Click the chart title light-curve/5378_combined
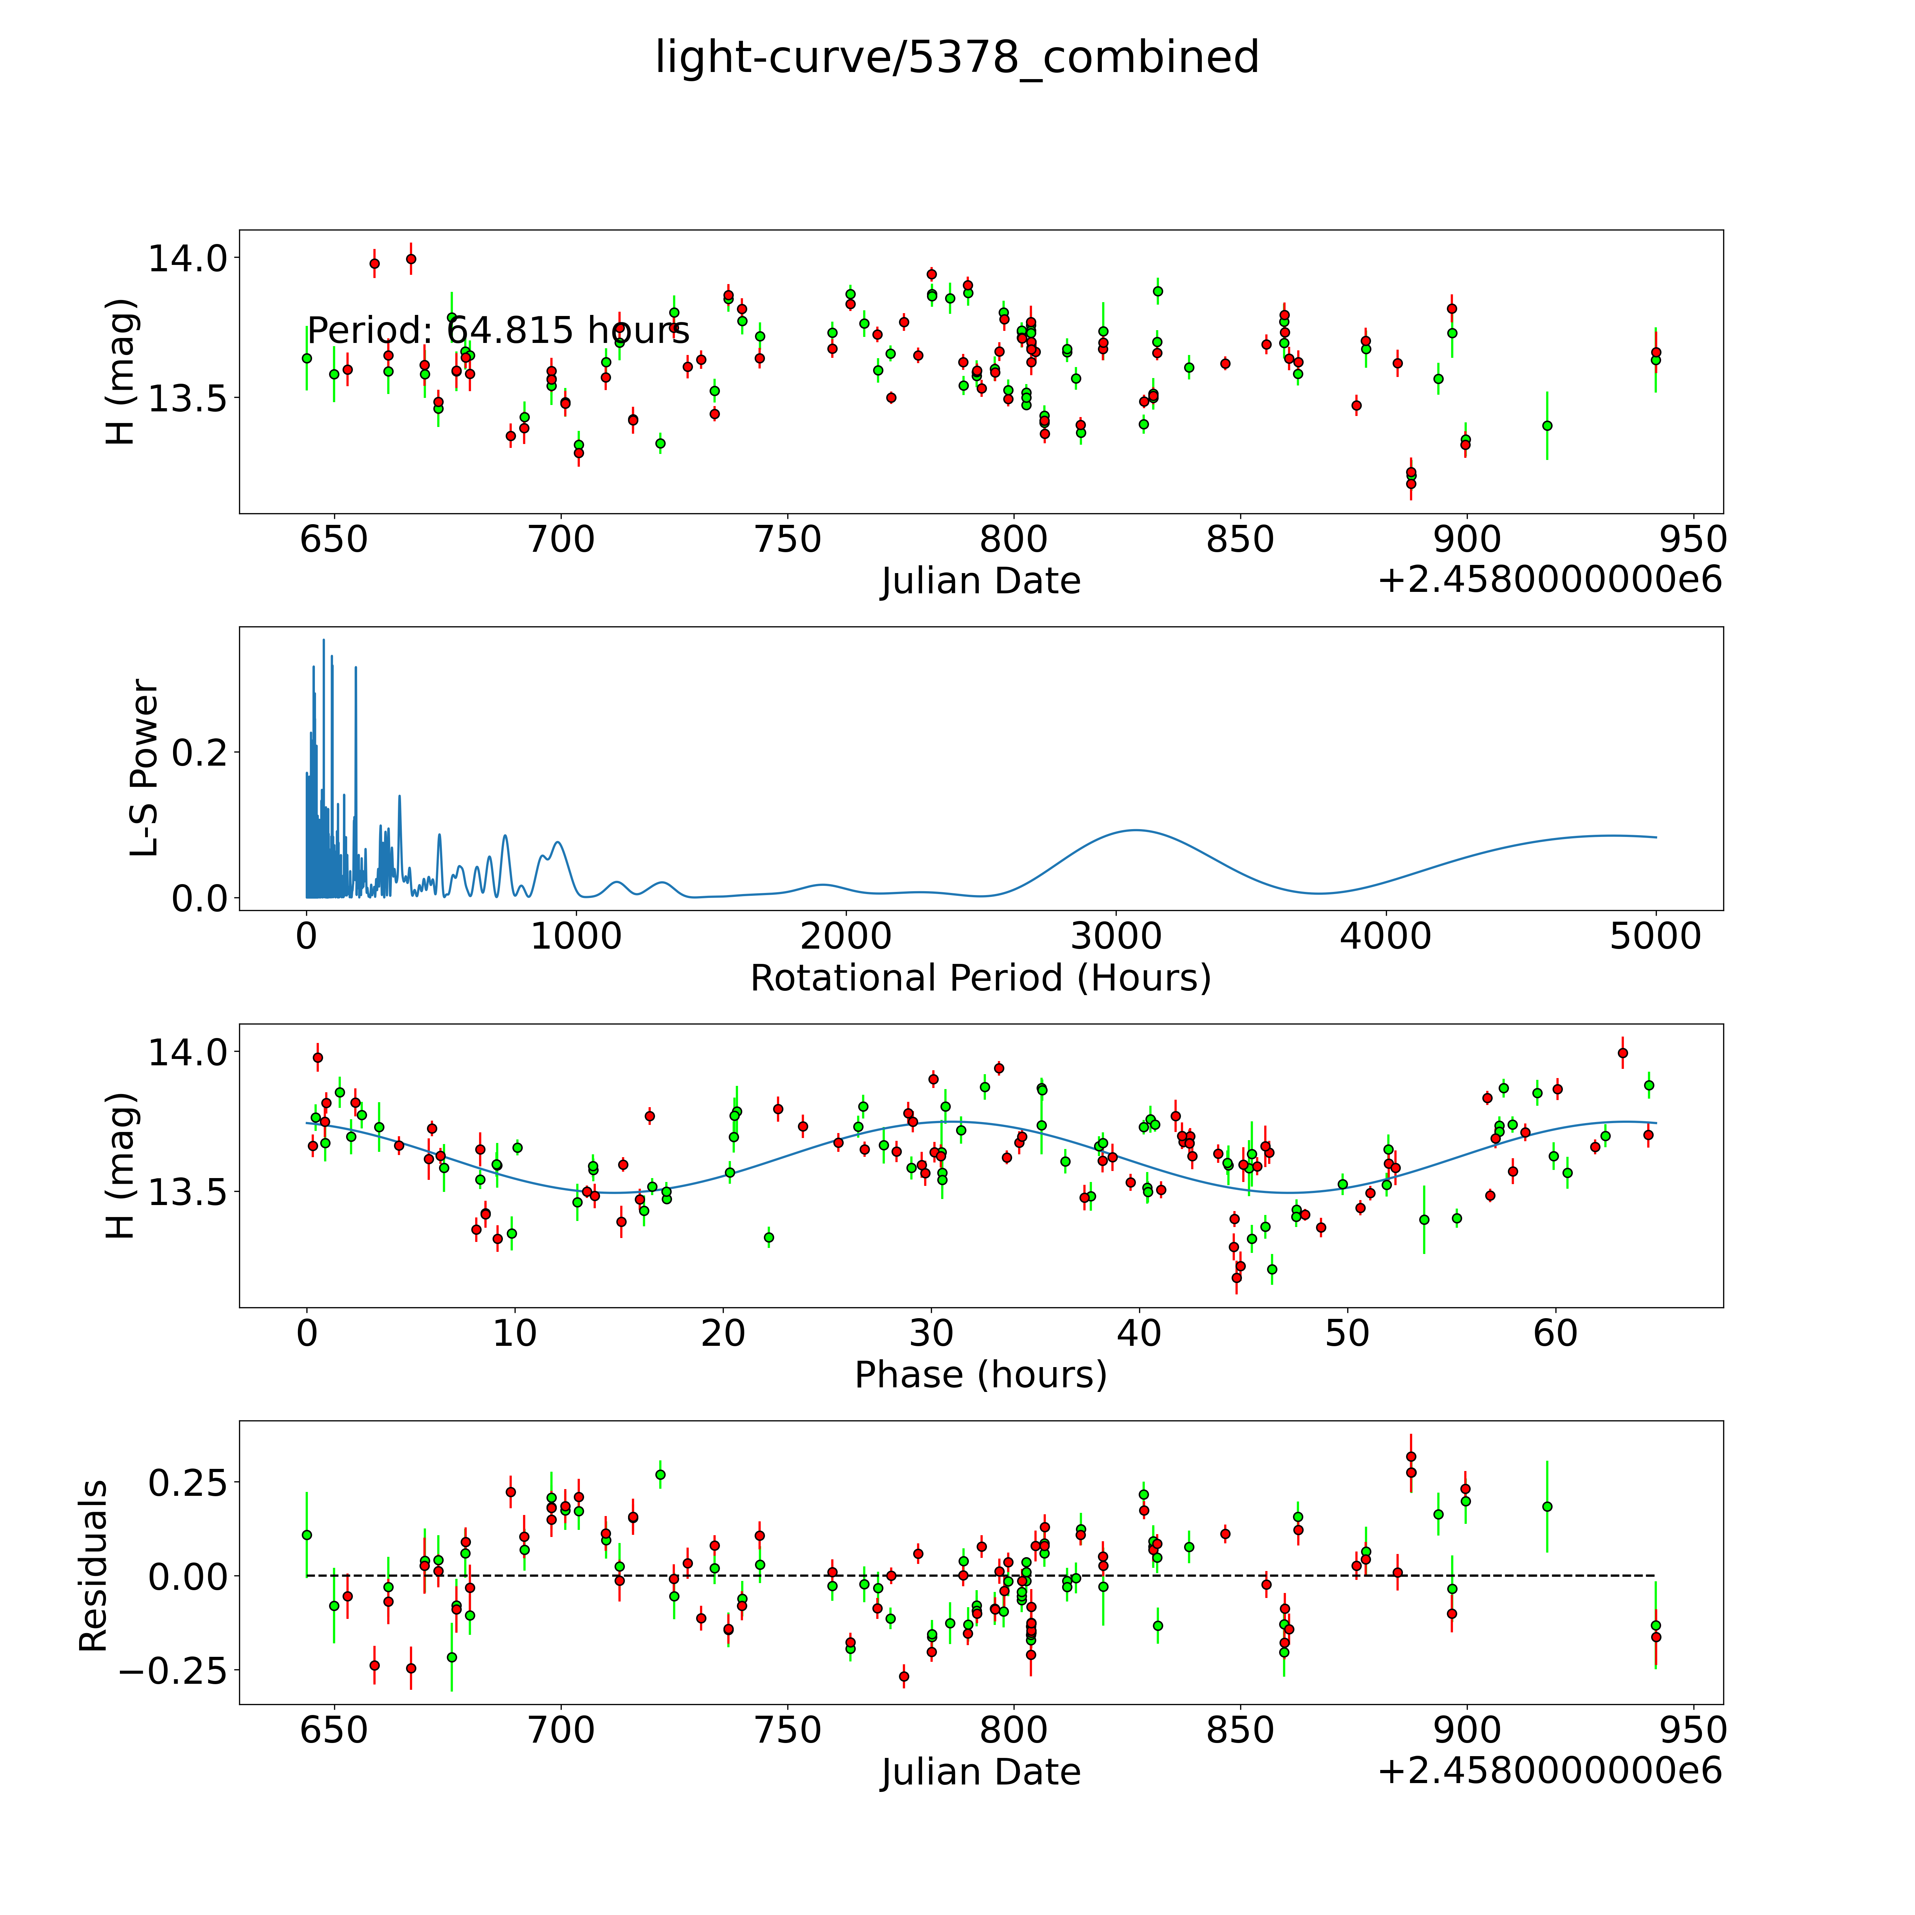point(956,57)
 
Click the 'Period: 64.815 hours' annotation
point(498,330)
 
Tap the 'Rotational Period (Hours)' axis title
point(980,978)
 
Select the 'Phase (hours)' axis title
point(980,1375)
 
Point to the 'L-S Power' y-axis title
point(145,768)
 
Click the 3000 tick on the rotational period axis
point(1116,936)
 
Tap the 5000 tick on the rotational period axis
point(1655,936)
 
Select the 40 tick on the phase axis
point(1139,1333)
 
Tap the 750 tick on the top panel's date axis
point(788,540)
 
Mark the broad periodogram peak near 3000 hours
point(1135,829)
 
